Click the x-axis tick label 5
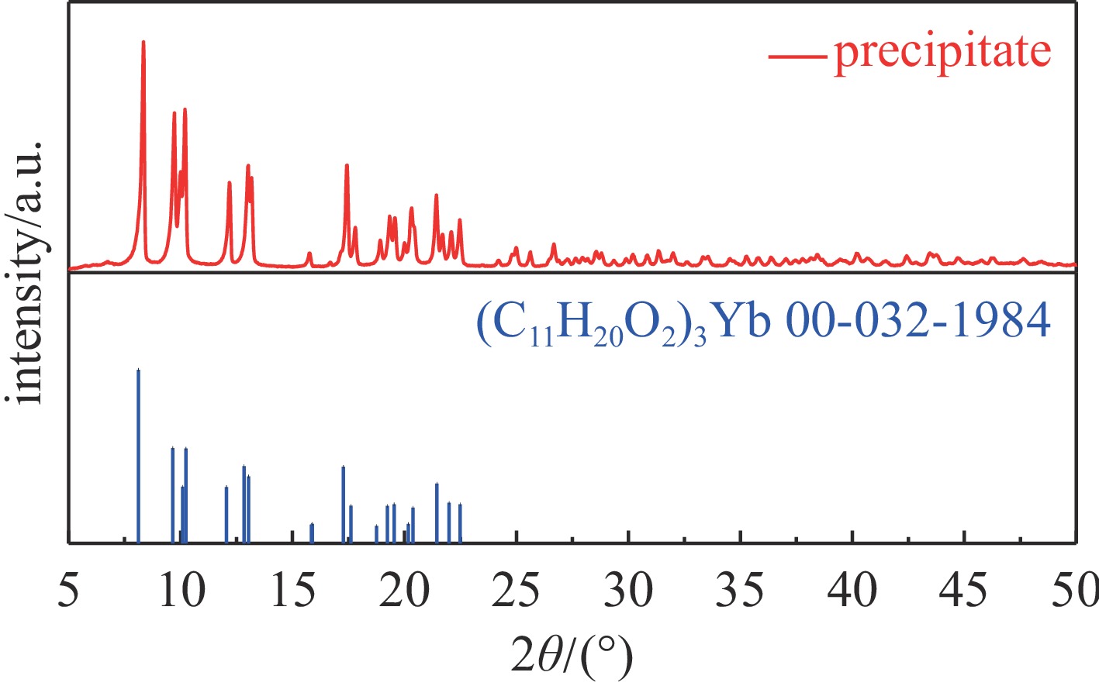(69, 591)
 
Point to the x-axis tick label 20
(406, 591)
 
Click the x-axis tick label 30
(629, 591)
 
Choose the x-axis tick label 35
(741, 591)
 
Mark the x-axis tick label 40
(852, 591)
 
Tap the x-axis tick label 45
(964, 591)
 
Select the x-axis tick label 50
(1074, 591)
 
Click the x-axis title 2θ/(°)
(572, 657)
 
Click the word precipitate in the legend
(942, 53)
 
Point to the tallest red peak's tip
(143, 42)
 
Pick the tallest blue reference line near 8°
(138, 457)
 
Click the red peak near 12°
(229, 184)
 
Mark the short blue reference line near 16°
(312, 533)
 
